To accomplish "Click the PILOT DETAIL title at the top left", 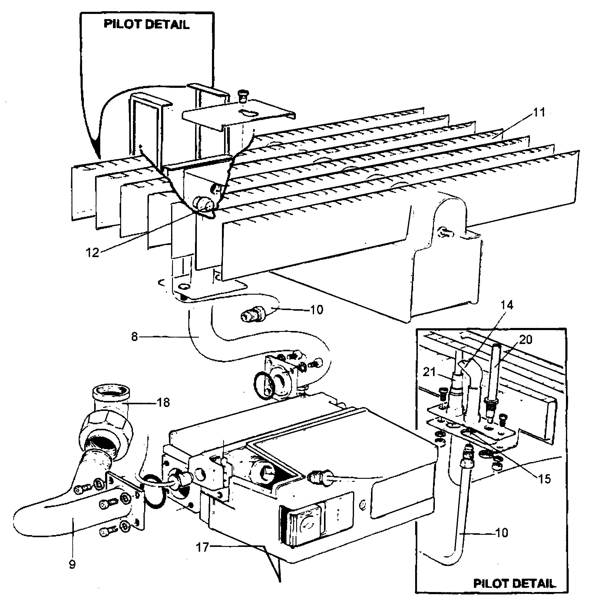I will [x=147, y=24].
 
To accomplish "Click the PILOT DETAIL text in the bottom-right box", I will [x=514, y=583].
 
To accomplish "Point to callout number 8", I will [x=134, y=337].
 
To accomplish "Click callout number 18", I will [x=164, y=402].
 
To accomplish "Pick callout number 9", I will [x=72, y=564].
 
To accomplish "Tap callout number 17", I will [x=202, y=547].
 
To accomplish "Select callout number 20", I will [x=525, y=339].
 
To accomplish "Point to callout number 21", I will [x=429, y=372].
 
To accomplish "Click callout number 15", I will [x=544, y=479].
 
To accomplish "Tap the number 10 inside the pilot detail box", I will [x=501, y=532].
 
